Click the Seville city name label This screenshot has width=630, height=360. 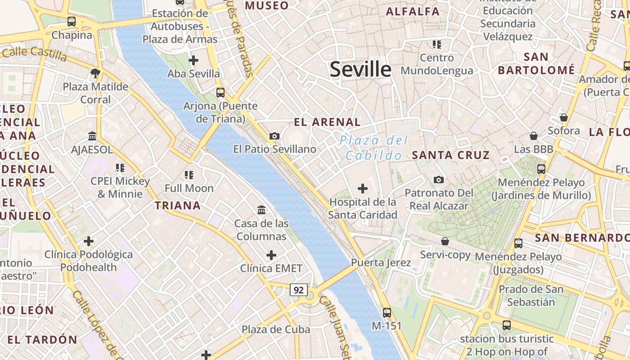[x=360, y=69]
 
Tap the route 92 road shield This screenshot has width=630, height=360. [x=299, y=290]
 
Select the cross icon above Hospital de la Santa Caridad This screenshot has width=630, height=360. [x=362, y=189]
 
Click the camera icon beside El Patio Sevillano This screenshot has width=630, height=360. [x=274, y=136]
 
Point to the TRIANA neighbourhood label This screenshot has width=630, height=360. [x=178, y=206]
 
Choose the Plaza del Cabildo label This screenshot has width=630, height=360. [x=373, y=148]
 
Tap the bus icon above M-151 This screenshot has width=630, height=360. [x=387, y=312]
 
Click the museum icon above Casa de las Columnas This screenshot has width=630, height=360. [x=261, y=210]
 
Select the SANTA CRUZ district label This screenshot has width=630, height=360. [x=450, y=155]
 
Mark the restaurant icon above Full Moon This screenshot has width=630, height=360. [x=189, y=175]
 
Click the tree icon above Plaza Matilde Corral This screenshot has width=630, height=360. [x=95, y=73]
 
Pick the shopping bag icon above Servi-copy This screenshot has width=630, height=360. [x=445, y=241]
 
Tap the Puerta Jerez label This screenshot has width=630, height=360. [x=381, y=262]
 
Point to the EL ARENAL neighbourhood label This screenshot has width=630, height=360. [x=327, y=122]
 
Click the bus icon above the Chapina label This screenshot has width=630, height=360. [x=71, y=21]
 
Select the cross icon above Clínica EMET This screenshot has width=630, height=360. [x=271, y=255]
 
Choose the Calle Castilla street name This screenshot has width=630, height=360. [x=34, y=54]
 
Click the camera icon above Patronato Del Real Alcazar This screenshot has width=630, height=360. [x=438, y=180]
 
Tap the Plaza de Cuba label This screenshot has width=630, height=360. [x=276, y=329]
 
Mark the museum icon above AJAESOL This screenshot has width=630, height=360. [x=92, y=136]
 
